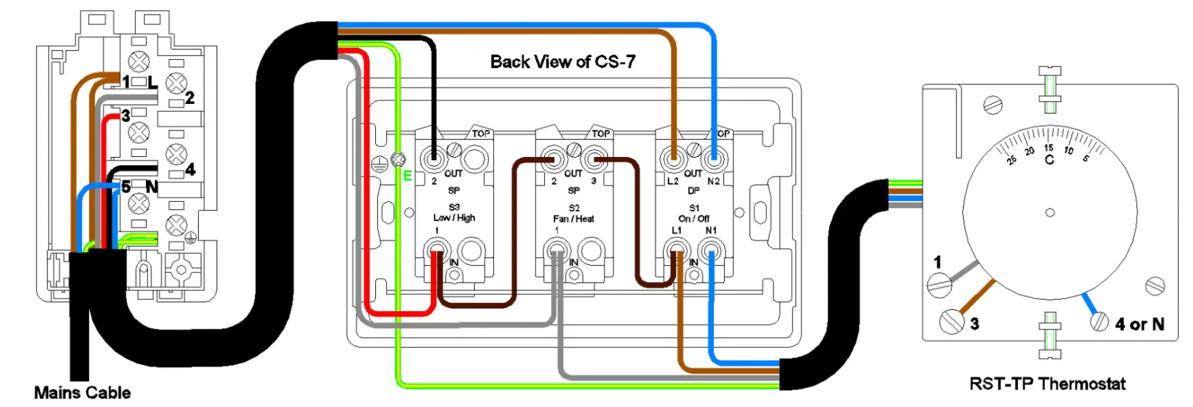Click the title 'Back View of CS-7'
563,62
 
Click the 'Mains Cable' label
82,393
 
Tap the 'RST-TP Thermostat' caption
1047,385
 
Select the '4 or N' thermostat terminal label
1139,325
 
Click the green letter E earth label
408,176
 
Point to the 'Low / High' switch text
454,218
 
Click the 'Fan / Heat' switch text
573,219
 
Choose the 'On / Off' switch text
694,219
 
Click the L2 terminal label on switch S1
673,181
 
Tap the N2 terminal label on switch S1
713,181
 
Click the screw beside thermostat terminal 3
951,321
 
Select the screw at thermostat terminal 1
939,284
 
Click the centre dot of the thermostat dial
1050,213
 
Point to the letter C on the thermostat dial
1049,160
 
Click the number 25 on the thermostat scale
1011,160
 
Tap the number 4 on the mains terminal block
190,169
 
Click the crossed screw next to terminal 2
176,84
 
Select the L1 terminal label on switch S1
677,230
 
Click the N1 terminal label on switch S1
711,230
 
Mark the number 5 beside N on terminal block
126,187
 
